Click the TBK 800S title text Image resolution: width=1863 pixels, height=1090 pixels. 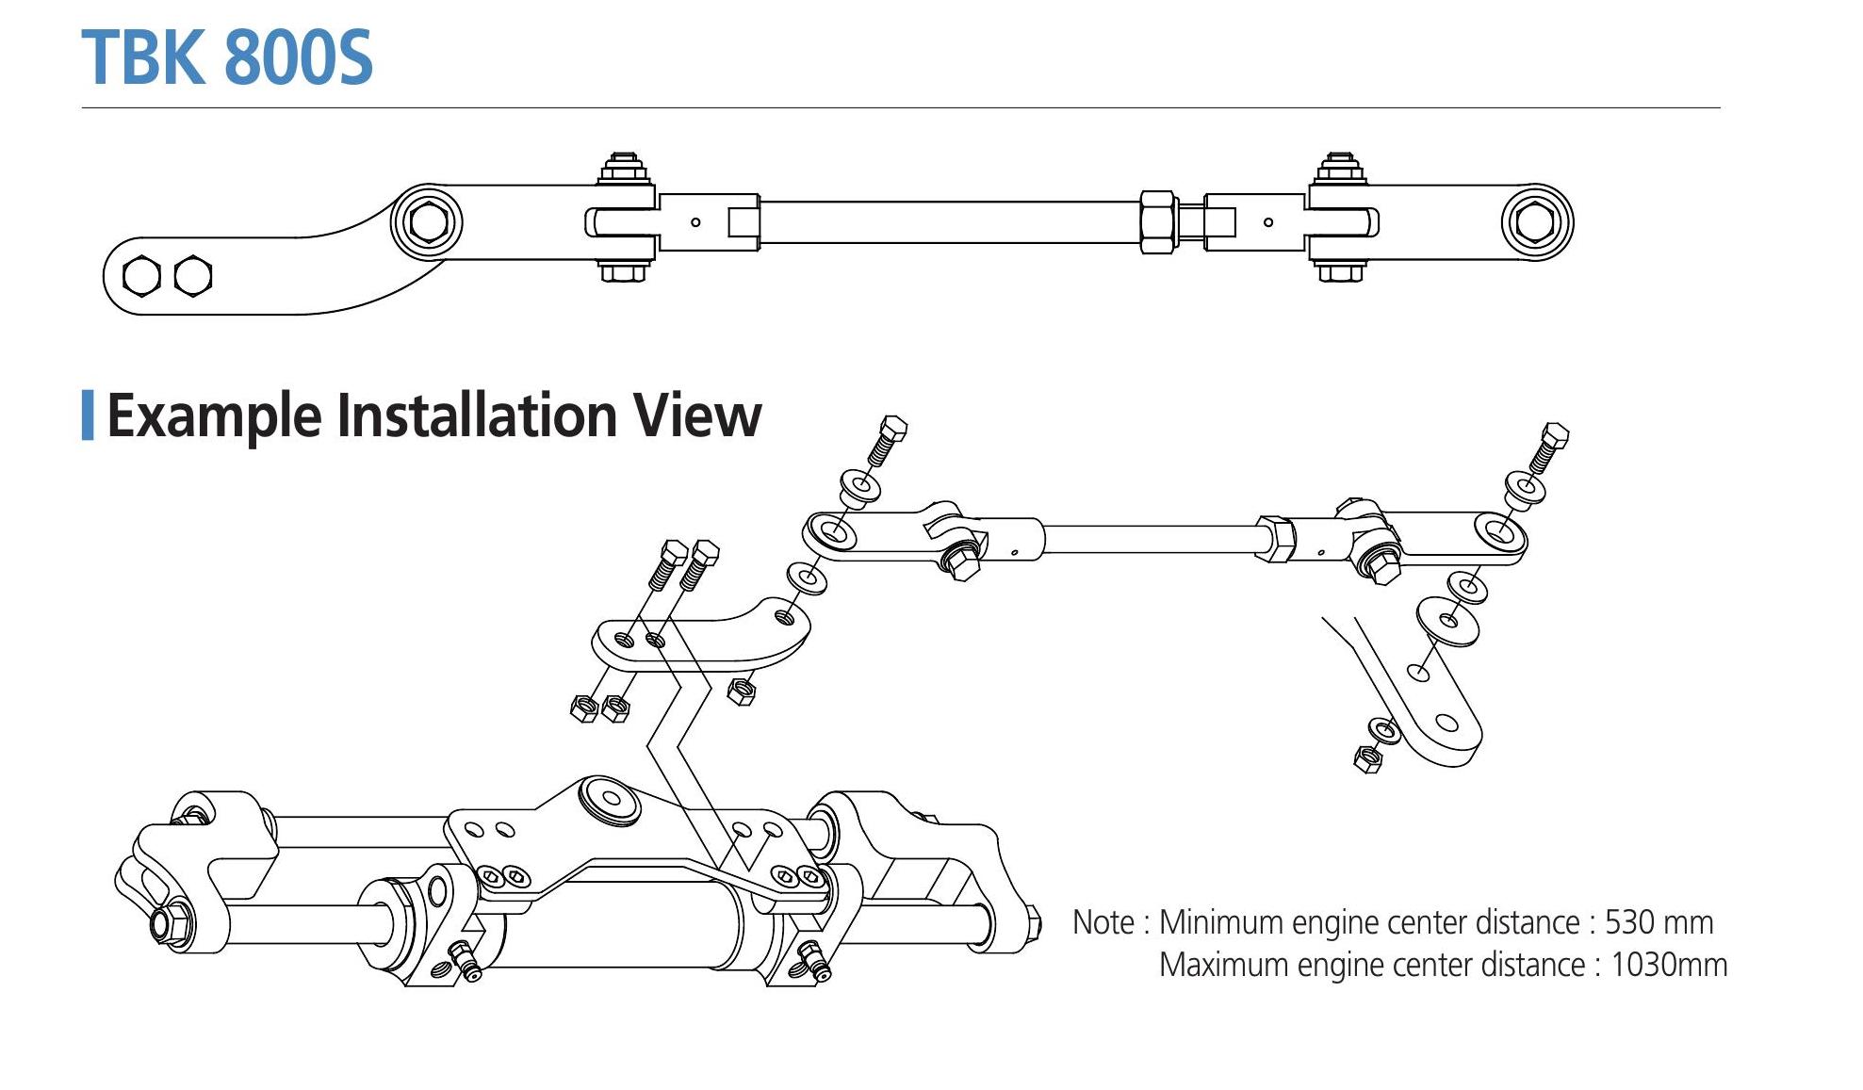pyautogui.click(x=227, y=57)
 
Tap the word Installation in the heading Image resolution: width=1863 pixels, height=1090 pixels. pyautogui.click(x=476, y=415)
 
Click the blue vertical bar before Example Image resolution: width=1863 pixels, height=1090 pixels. pyautogui.click(x=88, y=415)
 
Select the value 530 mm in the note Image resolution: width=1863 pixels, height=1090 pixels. pyautogui.click(x=1659, y=921)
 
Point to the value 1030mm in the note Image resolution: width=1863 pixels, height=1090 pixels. pyautogui.click(x=1669, y=965)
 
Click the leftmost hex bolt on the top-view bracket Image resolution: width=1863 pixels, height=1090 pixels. pyautogui.click(x=142, y=276)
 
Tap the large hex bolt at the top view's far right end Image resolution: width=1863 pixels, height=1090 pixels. pyautogui.click(x=1536, y=223)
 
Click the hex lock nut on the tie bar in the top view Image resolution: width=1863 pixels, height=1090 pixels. pyautogui.click(x=1157, y=222)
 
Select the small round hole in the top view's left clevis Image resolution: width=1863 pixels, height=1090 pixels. pyautogui.click(x=695, y=222)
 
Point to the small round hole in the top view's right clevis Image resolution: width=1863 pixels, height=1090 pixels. pyautogui.click(x=1268, y=222)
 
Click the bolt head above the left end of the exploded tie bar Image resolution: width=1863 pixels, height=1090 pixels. pyautogui.click(x=892, y=430)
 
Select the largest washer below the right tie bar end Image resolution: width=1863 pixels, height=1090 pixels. pyautogui.click(x=1447, y=620)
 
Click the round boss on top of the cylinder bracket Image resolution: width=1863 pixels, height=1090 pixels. pyautogui.click(x=610, y=800)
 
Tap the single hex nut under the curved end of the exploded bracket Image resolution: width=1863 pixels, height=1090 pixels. pyautogui.click(x=742, y=692)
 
